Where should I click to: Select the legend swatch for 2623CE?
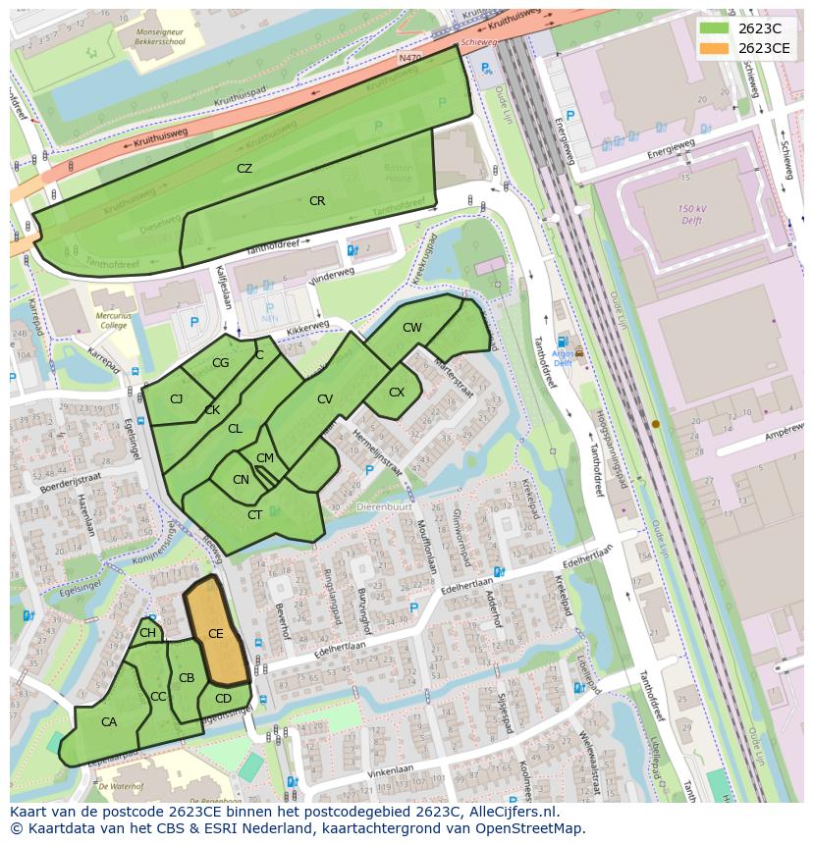point(714,48)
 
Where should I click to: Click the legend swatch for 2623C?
point(714,28)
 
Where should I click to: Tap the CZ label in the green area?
point(244,169)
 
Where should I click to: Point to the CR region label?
point(317,201)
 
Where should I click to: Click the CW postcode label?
point(412,328)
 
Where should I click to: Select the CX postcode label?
point(397,393)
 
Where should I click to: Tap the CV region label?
point(325,399)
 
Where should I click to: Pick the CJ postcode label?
point(177,399)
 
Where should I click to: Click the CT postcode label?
point(254,515)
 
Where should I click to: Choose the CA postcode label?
point(109,722)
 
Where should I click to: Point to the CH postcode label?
point(147,633)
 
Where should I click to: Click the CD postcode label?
point(223,699)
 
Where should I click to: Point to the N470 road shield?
point(409,59)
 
